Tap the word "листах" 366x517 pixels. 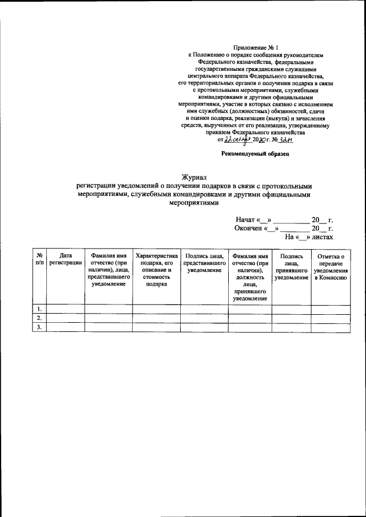[x=321, y=236]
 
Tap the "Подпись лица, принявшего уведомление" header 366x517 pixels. [x=291, y=267]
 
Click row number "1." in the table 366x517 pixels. [x=39, y=309]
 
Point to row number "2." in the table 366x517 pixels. [x=39, y=318]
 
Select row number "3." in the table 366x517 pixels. [x=39, y=327]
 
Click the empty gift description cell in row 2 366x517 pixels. [x=156, y=318]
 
